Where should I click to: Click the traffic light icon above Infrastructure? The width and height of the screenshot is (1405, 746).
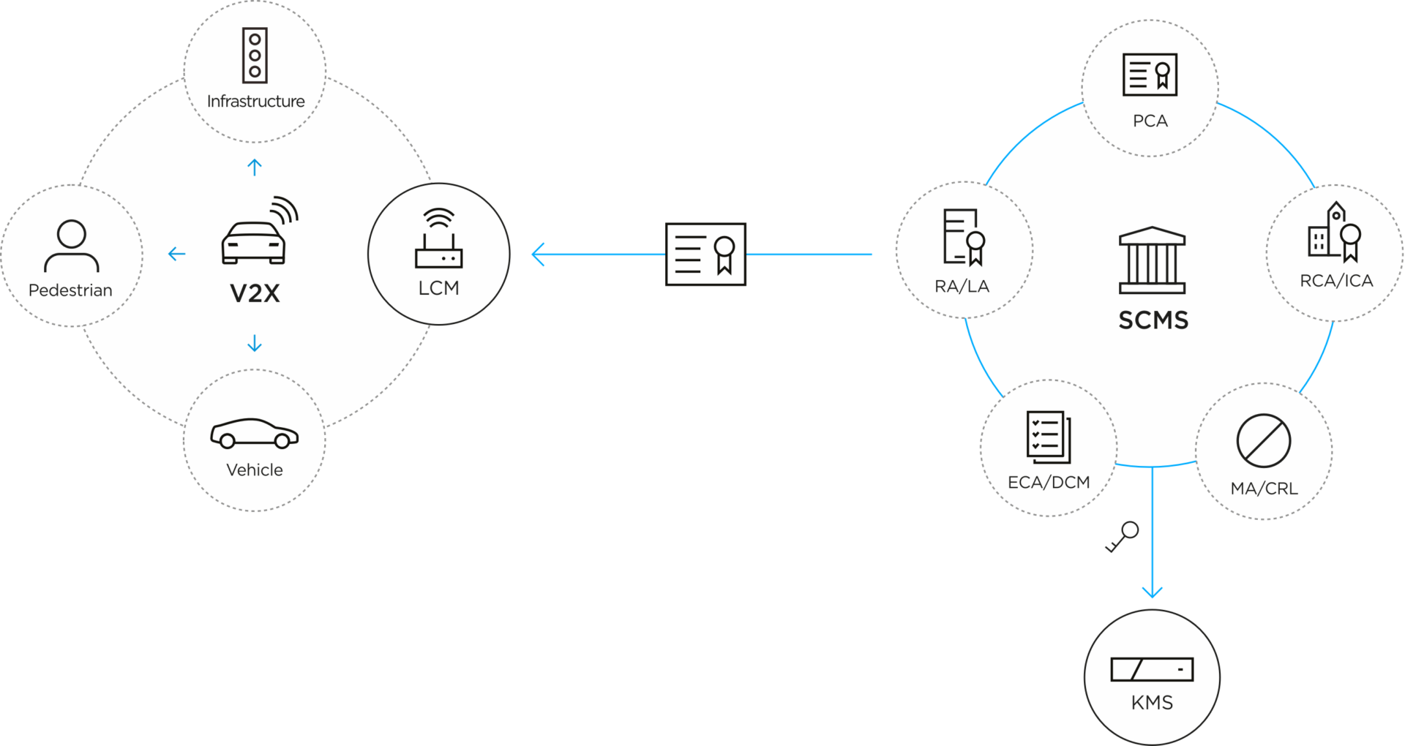(x=255, y=56)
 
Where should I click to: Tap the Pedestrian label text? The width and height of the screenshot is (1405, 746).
(x=70, y=290)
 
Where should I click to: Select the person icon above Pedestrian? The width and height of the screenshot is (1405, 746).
(x=71, y=246)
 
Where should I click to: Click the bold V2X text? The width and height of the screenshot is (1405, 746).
(x=255, y=293)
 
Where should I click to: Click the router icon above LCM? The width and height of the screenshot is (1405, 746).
(x=438, y=239)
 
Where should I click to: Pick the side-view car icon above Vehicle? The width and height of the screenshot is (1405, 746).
(x=255, y=433)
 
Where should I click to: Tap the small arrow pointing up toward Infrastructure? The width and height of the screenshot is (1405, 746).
(x=255, y=167)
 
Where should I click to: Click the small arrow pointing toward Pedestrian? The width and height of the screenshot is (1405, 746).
(x=176, y=254)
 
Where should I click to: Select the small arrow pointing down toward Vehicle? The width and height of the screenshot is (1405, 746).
(x=255, y=342)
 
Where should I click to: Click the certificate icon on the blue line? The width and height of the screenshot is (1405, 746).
(x=705, y=255)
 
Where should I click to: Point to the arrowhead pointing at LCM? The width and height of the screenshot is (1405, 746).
(x=539, y=255)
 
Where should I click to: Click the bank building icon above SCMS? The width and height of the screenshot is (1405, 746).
(x=1152, y=260)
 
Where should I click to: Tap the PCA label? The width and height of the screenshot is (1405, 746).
(x=1150, y=121)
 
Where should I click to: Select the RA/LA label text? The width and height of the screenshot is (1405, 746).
(x=962, y=287)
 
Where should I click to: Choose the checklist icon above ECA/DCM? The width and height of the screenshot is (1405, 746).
(x=1048, y=437)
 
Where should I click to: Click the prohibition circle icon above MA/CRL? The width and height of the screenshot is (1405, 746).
(x=1263, y=441)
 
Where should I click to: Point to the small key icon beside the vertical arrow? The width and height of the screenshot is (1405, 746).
(x=1122, y=537)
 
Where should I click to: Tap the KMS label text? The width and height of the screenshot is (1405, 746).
(x=1152, y=703)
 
